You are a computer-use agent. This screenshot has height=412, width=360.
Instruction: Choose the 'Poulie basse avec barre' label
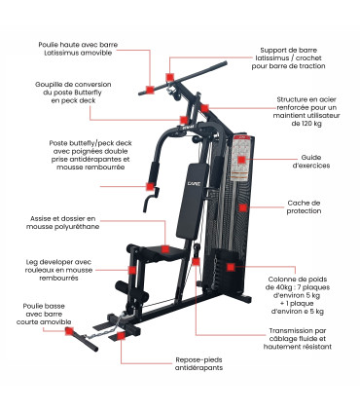[x=40, y=314]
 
